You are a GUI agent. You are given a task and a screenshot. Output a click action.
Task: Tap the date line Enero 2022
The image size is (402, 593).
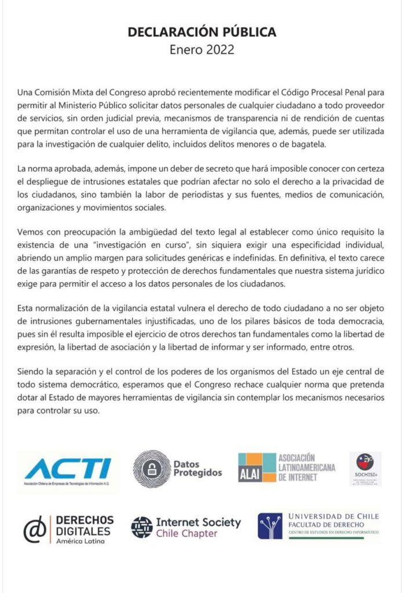tap(202, 49)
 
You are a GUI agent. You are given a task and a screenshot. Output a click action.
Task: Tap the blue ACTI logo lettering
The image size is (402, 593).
tap(68, 468)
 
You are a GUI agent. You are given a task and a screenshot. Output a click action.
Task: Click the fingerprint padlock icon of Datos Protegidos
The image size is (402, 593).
tap(152, 468)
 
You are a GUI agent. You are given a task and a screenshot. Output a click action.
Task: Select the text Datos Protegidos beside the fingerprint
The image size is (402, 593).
tap(198, 468)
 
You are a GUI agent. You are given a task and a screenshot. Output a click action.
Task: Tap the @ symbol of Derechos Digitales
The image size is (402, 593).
tap(34, 529)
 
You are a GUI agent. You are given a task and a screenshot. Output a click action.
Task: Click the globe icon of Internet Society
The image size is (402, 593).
tap(141, 527)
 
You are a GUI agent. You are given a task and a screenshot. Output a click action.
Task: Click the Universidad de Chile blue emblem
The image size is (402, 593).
tap(270, 526)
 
